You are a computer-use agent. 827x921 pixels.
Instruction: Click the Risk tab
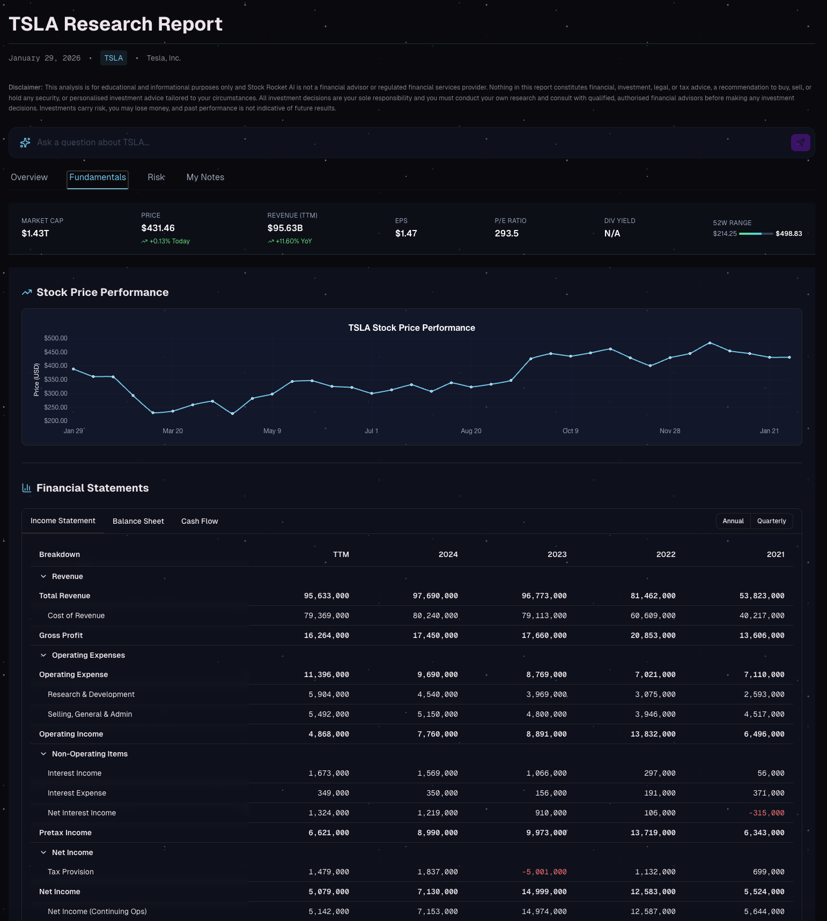click(x=156, y=177)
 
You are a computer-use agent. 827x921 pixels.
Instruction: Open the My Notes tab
click(x=205, y=177)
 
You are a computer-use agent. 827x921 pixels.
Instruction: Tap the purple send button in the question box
click(x=800, y=143)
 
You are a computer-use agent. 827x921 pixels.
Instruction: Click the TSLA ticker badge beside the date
click(x=113, y=58)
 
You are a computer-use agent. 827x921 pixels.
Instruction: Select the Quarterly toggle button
click(x=771, y=521)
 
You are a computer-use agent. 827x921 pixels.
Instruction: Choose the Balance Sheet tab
click(x=138, y=521)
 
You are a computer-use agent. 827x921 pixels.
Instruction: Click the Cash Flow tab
click(x=200, y=521)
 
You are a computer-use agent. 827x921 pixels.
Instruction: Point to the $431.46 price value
click(x=158, y=228)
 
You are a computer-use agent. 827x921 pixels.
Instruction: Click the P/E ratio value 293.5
click(x=506, y=234)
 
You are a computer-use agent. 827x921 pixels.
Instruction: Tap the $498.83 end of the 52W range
click(x=788, y=234)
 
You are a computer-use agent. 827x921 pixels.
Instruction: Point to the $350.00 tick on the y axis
click(x=56, y=380)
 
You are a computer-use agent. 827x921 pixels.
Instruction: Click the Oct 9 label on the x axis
click(x=570, y=431)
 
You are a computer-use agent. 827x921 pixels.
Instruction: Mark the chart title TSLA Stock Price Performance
click(x=411, y=328)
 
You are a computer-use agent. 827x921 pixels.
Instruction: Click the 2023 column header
click(x=557, y=554)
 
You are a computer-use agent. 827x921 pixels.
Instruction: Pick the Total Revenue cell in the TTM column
click(x=326, y=596)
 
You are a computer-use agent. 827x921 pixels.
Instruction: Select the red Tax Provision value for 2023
click(x=544, y=872)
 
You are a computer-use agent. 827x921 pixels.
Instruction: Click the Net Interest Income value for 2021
click(x=766, y=813)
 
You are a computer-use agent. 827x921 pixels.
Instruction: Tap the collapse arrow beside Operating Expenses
click(x=43, y=655)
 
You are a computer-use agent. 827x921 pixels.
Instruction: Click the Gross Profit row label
click(x=61, y=635)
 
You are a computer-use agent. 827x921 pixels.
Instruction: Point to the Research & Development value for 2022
click(x=655, y=695)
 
